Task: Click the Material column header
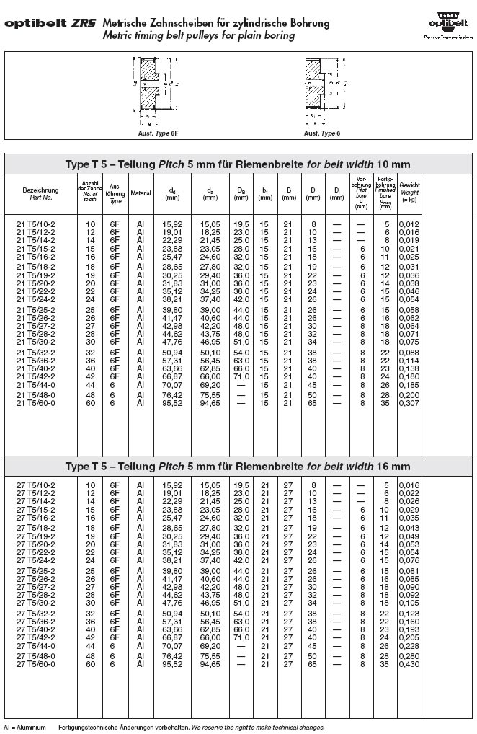click(x=141, y=193)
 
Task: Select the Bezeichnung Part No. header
click(x=40, y=193)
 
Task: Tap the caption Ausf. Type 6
click(x=321, y=133)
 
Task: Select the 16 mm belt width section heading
click(x=238, y=467)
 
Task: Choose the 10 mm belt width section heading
click(x=238, y=164)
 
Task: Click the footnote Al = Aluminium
click(x=24, y=728)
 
